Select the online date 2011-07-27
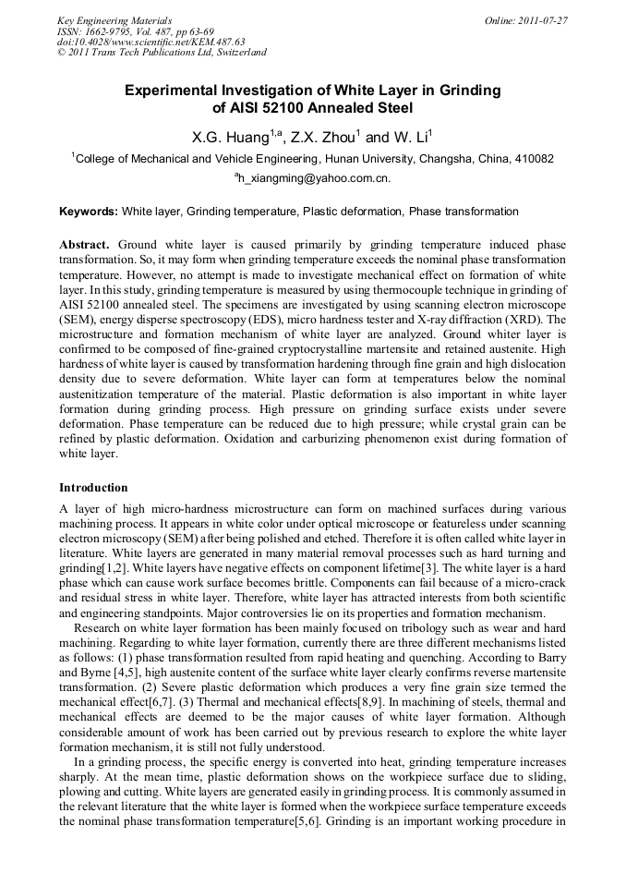540,20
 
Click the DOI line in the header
150,42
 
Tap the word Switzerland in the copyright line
238,53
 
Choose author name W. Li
408,138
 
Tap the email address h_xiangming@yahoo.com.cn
315,178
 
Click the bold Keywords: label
89,212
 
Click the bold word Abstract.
84,244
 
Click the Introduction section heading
93,487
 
